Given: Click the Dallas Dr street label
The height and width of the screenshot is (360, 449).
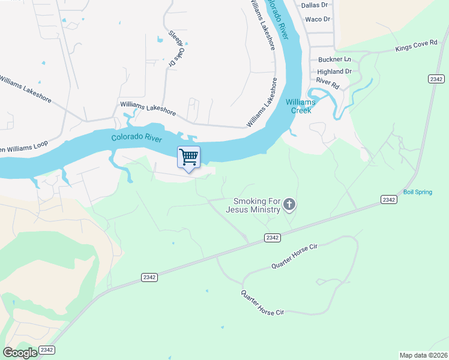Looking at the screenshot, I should (315, 5).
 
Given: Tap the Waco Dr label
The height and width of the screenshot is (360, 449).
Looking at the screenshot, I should (318, 19).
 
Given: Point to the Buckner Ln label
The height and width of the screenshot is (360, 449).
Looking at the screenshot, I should (334, 59).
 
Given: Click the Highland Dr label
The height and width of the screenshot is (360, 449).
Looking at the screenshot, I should (334, 71).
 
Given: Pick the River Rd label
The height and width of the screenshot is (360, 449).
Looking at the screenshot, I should (328, 83).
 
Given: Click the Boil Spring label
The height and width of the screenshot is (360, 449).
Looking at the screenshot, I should (417, 192).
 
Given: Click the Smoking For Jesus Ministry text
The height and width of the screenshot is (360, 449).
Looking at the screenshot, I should (253, 206).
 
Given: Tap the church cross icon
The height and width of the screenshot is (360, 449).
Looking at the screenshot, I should (289, 206).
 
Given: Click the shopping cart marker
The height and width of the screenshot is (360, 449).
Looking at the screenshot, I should (189, 158).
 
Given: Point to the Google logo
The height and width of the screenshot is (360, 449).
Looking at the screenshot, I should (20, 353).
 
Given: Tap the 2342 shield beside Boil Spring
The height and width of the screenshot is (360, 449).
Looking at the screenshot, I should (389, 199).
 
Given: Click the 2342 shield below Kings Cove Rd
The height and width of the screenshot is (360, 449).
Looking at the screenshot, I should (436, 79).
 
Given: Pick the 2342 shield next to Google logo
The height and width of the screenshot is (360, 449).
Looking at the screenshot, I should (47, 350).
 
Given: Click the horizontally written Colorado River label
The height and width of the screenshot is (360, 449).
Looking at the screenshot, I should (137, 137).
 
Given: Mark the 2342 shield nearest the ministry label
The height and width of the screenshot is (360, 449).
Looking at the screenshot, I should (273, 238).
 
